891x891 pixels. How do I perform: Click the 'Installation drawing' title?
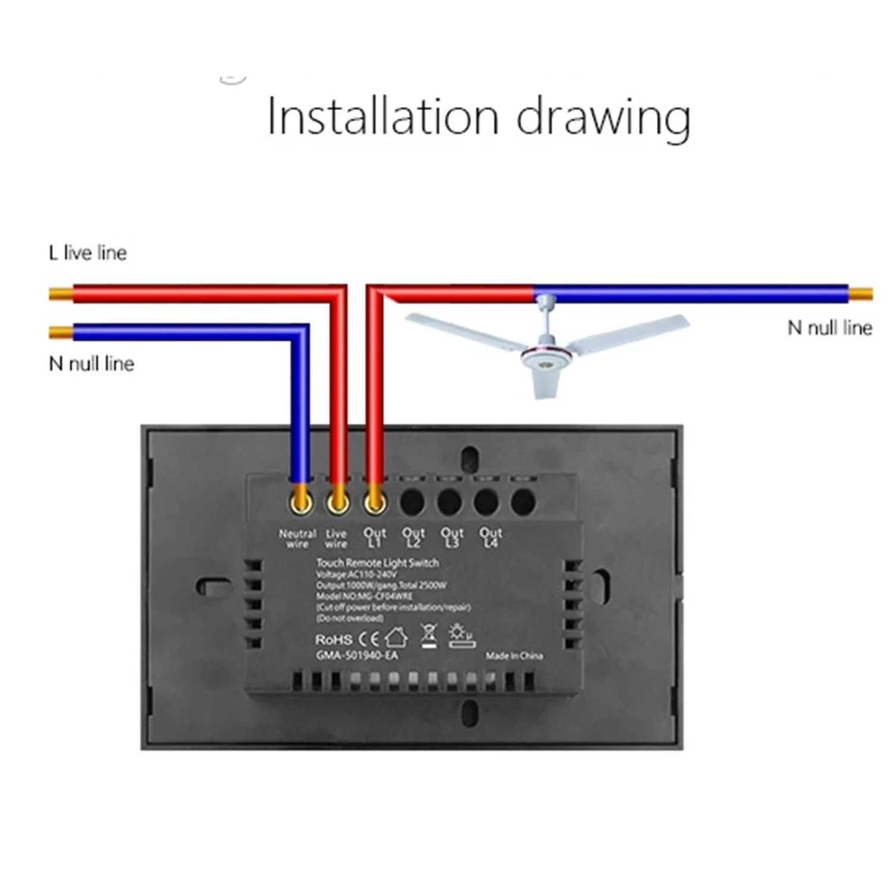pyautogui.click(x=479, y=117)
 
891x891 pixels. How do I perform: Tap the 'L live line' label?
pyautogui.click(x=88, y=253)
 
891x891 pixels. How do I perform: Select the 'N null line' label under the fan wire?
pyautogui.click(x=829, y=328)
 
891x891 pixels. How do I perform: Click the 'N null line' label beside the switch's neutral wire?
pyautogui.click(x=91, y=364)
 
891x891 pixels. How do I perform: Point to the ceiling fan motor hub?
pyautogui.click(x=545, y=357)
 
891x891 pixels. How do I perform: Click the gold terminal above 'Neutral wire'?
pyautogui.click(x=301, y=503)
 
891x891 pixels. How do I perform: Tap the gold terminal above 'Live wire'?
pyautogui.click(x=338, y=503)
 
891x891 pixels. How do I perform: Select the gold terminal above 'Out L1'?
pyautogui.click(x=375, y=503)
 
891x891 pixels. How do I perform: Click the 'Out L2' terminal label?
pyautogui.click(x=413, y=538)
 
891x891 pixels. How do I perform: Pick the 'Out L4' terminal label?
pyautogui.click(x=491, y=538)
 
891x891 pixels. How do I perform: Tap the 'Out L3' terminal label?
pyautogui.click(x=452, y=538)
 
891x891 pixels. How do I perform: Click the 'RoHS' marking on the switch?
pyautogui.click(x=333, y=640)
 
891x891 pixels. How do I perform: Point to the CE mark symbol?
pyautogui.click(x=369, y=639)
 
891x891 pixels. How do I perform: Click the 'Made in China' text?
pyautogui.click(x=514, y=656)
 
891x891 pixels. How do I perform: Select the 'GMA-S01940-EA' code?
pyautogui.click(x=356, y=656)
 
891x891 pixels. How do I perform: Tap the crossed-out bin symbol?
pyautogui.click(x=428, y=636)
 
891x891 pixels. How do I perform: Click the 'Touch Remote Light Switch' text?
pyautogui.click(x=377, y=563)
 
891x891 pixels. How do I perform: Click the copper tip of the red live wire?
pyautogui.click(x=60, y=293)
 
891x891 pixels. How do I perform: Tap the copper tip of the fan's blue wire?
pyautogui.click(x=861, y=293)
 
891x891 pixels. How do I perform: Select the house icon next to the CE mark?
pyautogui.click(x=396, y=638)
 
